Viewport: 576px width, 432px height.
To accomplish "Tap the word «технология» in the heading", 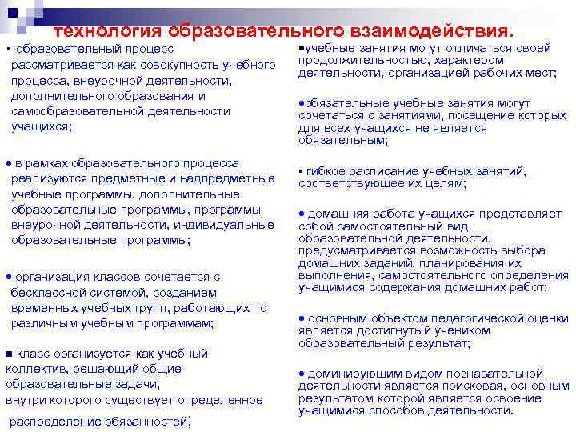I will point(108,30).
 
